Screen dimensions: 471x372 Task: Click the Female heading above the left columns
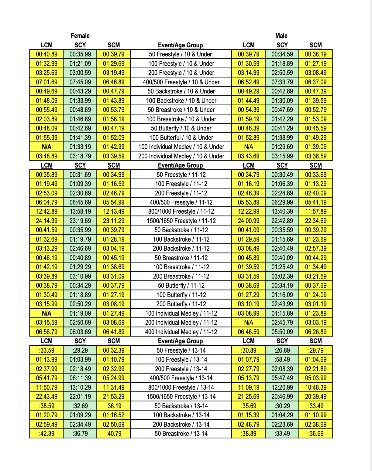80,36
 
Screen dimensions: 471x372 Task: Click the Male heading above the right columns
281,36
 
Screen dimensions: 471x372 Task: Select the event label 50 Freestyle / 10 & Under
181,54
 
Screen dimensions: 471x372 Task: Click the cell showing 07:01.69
46,82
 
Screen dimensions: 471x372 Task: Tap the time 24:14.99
46,221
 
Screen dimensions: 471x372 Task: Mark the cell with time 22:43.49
46,397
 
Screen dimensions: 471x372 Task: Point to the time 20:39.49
316,397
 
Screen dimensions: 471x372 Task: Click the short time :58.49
282,360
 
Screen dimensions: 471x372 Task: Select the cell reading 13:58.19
80,212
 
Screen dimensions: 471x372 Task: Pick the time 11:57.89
316,212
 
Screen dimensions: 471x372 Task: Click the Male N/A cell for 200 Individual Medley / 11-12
249,323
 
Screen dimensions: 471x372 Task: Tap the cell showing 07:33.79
282,82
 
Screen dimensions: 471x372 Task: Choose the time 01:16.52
114,415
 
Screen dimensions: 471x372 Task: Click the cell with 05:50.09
282,332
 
